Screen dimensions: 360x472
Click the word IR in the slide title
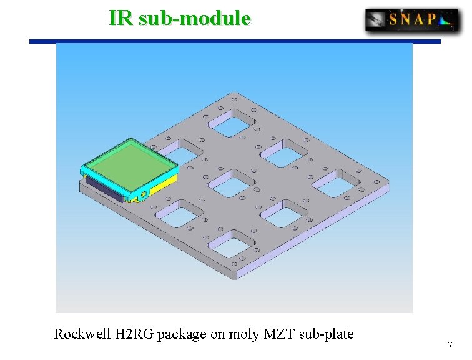[x=121, y=17]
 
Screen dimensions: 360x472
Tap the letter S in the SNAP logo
[x=394, y=20]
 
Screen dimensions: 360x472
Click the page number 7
[x=450, y=345]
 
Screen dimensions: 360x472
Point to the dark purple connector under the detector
[x=104, y=188]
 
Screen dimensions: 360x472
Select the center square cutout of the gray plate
[x=232, y=184]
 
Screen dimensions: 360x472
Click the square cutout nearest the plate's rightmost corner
[x=337, y=183]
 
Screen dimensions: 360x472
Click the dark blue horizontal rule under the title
[x=235, y=41]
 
